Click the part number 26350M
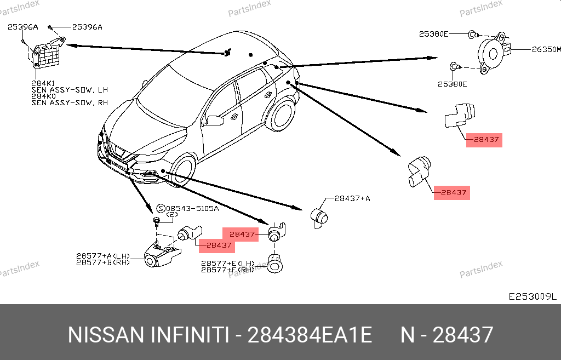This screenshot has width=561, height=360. pos(546,49)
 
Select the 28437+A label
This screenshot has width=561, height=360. pos(352,198)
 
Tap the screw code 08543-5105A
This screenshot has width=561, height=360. pos(192,208)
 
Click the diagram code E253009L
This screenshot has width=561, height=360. pos(533,296)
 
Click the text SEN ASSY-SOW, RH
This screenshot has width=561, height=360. pos(70,102)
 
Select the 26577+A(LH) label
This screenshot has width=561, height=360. pos(103,256)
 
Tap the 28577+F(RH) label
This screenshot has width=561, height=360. pos(228,270)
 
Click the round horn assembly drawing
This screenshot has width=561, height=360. pos(494,53)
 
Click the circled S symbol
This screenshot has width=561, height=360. pos(161,209)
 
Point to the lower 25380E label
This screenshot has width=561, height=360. pos(452,84)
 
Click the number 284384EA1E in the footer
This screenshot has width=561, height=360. pos(310,335)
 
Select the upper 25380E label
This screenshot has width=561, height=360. pos(434,34)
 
